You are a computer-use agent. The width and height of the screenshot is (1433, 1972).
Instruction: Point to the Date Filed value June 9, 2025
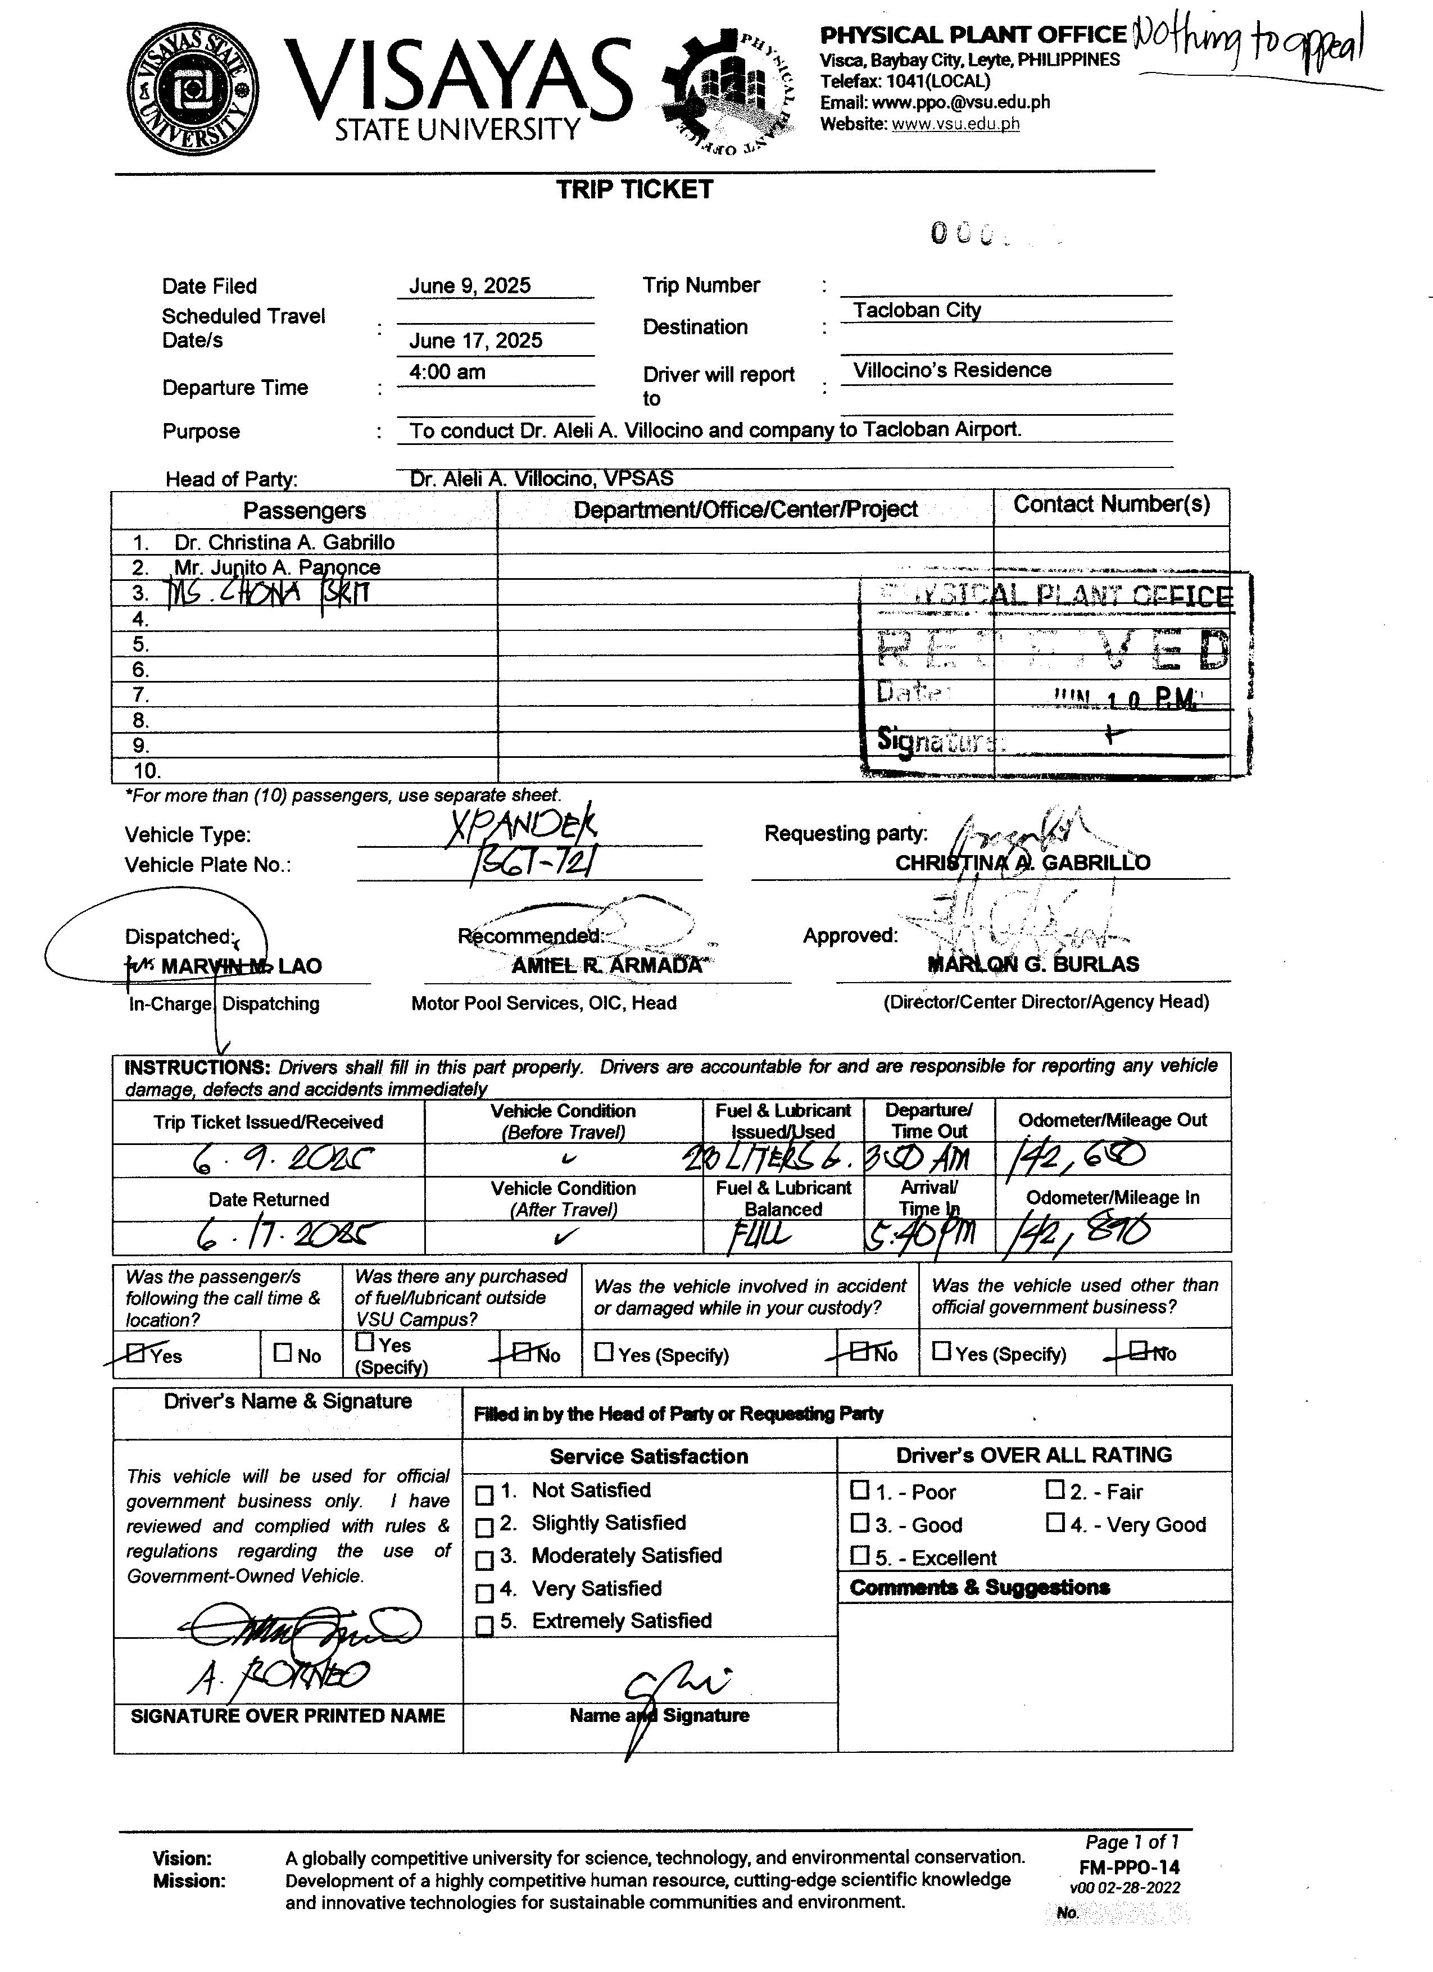click(470, 286)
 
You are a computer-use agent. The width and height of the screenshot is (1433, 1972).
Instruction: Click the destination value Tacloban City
click(917, 310)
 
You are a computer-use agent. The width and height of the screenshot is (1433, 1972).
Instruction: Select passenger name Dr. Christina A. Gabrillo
click(284, 543)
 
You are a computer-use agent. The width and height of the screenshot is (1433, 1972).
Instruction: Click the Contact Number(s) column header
click(1111, 505)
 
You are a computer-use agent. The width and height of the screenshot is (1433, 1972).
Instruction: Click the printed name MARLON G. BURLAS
click(1033, 964)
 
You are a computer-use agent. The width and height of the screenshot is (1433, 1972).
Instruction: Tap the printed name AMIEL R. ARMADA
click(606, 966)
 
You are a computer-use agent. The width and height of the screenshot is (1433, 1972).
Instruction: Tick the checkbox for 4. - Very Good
click(1055, 1523)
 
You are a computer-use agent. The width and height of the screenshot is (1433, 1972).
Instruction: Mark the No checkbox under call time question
click(283, 1353)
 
